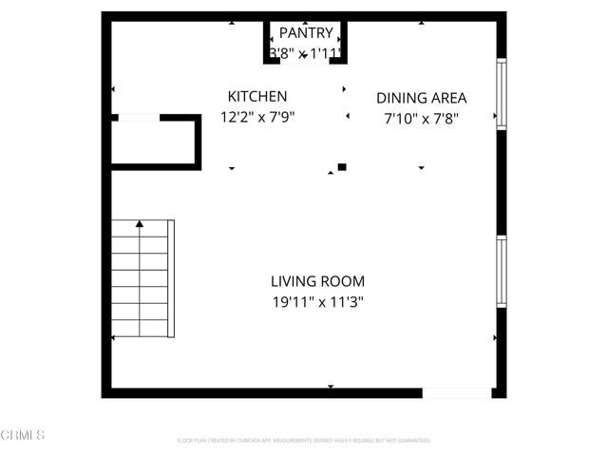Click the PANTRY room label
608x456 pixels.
coord(305,33)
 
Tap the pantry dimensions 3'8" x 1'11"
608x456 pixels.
coord(305,54)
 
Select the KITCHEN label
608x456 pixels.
coord(256,97)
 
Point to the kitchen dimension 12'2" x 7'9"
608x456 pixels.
coord(256,118)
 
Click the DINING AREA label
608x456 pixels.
coord(421,98)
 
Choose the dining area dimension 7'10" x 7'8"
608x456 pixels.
coord(421,119)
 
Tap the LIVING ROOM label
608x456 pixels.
coord(317,281)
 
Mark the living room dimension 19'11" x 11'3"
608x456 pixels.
coord(317,302)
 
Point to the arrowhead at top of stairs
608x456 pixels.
coord(140,223)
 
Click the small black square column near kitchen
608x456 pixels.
coord(342,167)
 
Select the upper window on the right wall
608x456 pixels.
coord(502,92)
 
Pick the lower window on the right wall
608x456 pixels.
coord(502,270)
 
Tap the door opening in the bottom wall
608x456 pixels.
coord(457,392)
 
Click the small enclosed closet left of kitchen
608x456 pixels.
coord(152,143)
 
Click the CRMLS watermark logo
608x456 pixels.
coord(23,435)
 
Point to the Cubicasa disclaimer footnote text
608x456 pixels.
coord(304,441)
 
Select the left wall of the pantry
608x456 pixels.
coord(267,41)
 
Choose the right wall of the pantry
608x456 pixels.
coord(343,41)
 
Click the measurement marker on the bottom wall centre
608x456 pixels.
coord(331,387)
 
